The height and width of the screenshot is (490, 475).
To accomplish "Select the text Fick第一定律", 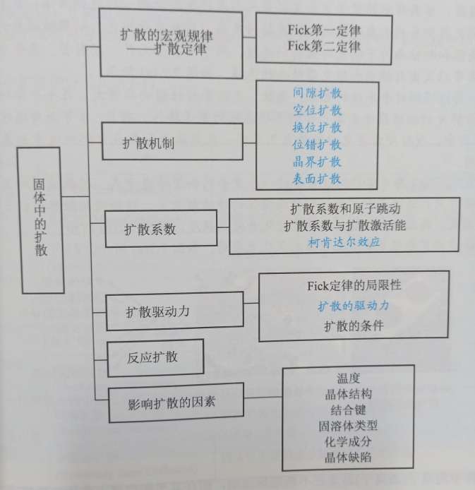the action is coord(324,32).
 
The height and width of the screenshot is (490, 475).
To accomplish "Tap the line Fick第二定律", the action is coord(324,47).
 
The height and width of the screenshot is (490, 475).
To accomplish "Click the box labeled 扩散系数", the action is coord(150,229).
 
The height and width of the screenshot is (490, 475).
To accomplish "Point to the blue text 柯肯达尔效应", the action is coord(344,242).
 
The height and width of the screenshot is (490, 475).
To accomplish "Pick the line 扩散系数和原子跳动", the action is coord(344,210).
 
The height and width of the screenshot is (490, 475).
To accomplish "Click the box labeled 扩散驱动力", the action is coord(157,311).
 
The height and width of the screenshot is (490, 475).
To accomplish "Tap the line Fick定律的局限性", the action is coord(354,286).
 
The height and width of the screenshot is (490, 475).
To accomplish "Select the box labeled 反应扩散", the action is coord(154,357).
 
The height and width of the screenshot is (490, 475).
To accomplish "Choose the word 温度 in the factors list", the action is coord(348,380).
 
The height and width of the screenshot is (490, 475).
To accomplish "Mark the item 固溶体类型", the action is coord(348,426).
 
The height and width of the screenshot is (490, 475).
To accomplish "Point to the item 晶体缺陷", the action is coord(348,458).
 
